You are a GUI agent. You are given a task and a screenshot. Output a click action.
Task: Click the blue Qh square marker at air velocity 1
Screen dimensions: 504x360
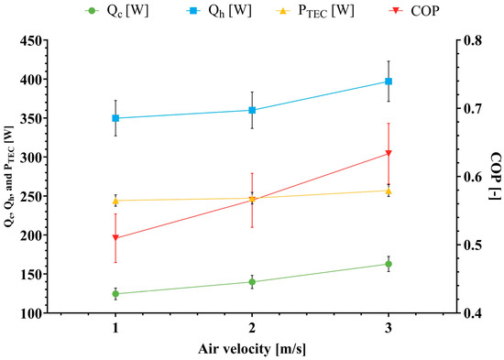pos(115,118)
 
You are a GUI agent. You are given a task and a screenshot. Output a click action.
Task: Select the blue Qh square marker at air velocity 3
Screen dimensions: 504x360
pos(389,82)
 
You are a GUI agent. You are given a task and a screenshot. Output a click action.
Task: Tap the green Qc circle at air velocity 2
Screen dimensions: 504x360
pos(252,282)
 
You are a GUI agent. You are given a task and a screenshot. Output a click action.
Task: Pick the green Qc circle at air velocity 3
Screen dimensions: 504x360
pos(389,264)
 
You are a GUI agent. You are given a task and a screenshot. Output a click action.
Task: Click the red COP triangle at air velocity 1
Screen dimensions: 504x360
pos(115,238)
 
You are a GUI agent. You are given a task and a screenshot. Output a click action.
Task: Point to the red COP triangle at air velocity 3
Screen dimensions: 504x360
pos(389,153)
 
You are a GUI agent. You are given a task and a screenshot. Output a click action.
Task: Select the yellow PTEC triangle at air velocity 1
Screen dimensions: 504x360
pos(115,202)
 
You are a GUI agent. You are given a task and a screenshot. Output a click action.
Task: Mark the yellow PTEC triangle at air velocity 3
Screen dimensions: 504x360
pos(389,191)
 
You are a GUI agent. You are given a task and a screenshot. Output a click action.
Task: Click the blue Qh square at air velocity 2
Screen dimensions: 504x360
pos(252,110)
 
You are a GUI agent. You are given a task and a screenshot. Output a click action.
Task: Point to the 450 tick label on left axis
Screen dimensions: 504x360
pos(31,41)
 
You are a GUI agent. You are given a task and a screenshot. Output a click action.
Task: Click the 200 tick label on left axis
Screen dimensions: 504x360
pos(31,235)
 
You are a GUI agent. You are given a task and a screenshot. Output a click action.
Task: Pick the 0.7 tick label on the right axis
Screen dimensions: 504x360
pos(471,108)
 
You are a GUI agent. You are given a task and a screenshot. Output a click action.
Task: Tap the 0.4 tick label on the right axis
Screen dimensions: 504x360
pos(471,312)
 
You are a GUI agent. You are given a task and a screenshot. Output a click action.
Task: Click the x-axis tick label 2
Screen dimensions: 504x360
pos(252,328)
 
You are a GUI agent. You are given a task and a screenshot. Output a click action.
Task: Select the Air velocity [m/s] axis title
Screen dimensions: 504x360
pos(252,349)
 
